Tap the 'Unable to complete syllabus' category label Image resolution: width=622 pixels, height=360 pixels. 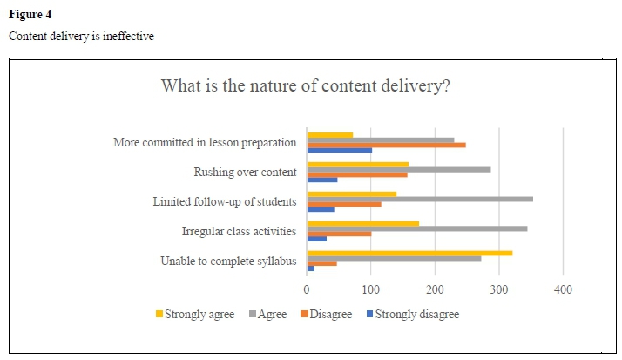click(x=228, y=261)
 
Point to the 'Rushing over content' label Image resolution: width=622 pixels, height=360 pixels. click(x=245, y=172)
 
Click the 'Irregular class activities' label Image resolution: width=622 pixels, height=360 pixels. click(x=239, y=231)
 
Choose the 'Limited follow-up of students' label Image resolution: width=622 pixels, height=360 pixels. click(x=225, y=201)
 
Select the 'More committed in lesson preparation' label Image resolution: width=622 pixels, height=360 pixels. click(x=205, y=142)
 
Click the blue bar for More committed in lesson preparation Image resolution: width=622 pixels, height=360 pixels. click(x=339, y=151)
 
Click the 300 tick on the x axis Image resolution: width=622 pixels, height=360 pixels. click(x=499, y=289)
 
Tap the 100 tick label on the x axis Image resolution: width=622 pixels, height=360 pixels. click(x=371, y=289)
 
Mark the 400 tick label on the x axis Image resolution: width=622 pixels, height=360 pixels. click(x=563, y=289)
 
